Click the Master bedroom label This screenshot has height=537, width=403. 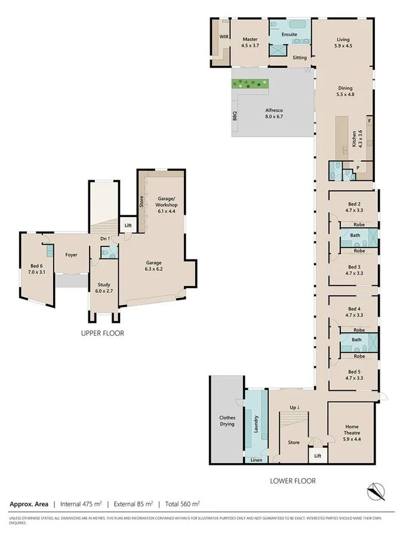(x=250, y=42)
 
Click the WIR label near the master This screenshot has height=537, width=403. (x=224, y=37)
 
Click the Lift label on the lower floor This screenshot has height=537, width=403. (x=318, y=456)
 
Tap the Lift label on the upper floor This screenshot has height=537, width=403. (x=128, y=226)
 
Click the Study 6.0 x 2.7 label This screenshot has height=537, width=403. (x=104, y=289)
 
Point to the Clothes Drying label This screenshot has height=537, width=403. (x=227, y=421)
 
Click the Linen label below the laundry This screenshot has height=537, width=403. (x=256, y=460)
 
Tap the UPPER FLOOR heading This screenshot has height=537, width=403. (x=102, y=334)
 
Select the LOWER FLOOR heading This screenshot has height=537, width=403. (x=293, y=481)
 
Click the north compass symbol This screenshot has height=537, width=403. (x=375, y=491)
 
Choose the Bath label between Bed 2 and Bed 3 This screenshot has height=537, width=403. (x=355, y=236)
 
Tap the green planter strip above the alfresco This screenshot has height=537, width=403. (x=251, y=84)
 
